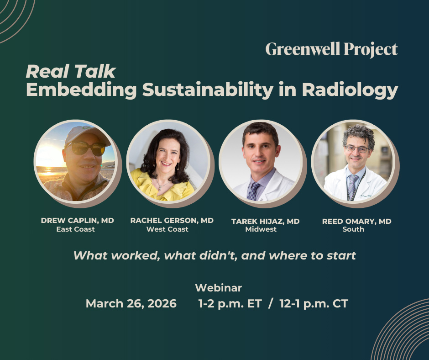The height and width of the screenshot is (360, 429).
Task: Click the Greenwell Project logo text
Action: click(331, 49)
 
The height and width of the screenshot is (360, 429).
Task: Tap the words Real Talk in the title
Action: click(71, 72)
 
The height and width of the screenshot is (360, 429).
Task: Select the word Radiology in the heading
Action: click(350, 90)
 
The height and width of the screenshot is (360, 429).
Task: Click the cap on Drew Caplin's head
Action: click(85, 133)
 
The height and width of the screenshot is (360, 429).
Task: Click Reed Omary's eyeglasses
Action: click(357, 149)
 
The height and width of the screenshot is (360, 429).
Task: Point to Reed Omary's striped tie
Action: click(353, 185)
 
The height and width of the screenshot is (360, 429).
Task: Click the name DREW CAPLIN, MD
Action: click(77, 220)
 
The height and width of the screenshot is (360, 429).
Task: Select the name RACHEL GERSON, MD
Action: click(172, 220)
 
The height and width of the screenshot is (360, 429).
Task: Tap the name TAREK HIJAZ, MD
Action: click(265, 221)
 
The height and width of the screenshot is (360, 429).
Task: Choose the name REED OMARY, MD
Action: click(356, 221)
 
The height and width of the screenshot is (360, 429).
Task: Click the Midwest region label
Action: click(261, 229)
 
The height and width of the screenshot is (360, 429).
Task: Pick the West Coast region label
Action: click(167, 229)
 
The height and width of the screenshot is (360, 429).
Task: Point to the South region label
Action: click(353, 229)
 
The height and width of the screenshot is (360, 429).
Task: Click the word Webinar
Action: click(218, 288)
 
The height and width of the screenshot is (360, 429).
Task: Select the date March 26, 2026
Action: click(131, 303)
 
